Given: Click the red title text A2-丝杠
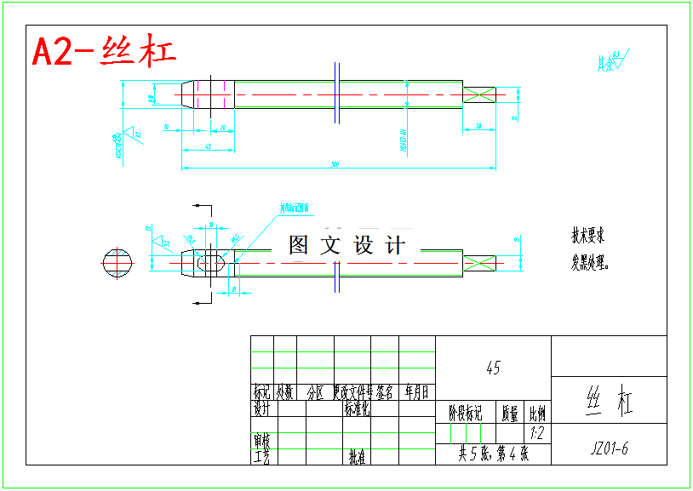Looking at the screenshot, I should pos(104,52).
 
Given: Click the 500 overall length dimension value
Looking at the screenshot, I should pos(335,163).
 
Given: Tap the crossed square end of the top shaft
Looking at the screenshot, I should pos(479,94).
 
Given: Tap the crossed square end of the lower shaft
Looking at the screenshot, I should pos(478,265).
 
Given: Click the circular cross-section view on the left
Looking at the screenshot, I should pos(117,263).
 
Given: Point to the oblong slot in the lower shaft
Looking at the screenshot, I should pos(212,265).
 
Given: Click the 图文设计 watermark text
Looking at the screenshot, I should pos(346,246).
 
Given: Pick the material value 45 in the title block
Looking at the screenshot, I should pos(493,368).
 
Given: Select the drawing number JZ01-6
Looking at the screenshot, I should pos(609,448).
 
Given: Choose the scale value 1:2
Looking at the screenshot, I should pos(537,434).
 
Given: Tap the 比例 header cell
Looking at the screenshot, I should pos(537,414).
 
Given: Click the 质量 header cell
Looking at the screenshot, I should pos(509,414).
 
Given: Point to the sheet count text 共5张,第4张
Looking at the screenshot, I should pos(493,454).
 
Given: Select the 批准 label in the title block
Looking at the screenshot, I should pos(357,457).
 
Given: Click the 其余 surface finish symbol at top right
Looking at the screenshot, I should pos(611,60).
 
